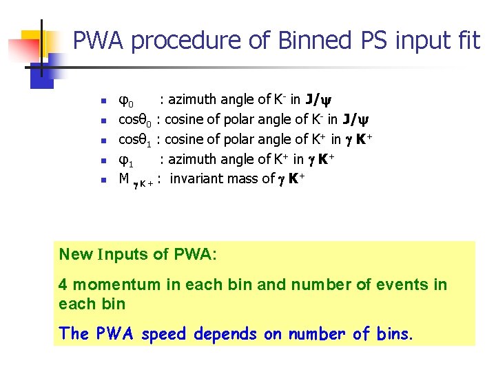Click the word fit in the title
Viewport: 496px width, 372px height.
click(x=466, y=41)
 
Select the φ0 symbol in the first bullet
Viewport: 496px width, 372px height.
click(x=127, y=101)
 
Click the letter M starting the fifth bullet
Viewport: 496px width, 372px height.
click(x=125, y=179)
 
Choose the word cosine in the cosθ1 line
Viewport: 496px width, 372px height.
click(x=186, y=139)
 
